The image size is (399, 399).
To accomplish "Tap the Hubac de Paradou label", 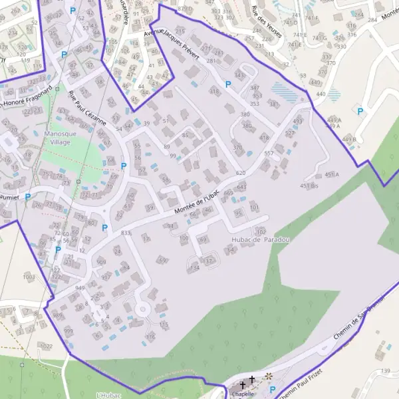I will pyautogui.click(x=261, y=239).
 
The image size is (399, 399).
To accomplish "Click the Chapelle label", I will pyautogui.click(x=244, y=394).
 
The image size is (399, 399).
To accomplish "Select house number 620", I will pyautogui.click(x=241, y=173).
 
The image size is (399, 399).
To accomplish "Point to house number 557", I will pyautogui.click(x=269, y=153).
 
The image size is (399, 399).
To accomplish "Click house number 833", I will pyautogui.click(x=126, y=233).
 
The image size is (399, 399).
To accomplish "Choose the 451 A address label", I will pyautogui.click(x=332, y=175).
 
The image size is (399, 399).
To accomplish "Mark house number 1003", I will pyautogui.click(x=29, y=276).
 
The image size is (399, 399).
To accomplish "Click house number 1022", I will pyautogui.click(x=46, y=346).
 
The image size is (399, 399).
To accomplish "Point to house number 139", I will pyautogui.click(x=385, y=370).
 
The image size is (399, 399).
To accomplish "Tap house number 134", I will pyautogui.click(x=194, y=267).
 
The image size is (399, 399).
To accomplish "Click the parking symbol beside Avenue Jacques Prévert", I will pyautogui.click(x=228, y=84).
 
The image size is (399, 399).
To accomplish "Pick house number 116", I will pyautogui.click(x=150, y=337).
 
